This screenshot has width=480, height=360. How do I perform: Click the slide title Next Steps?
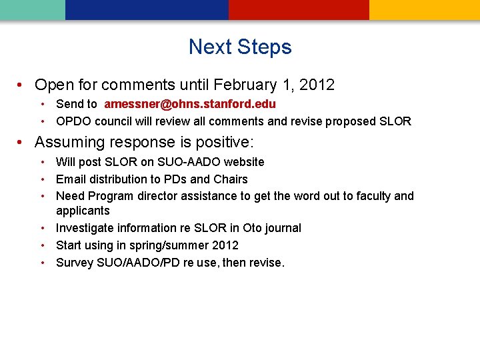240,47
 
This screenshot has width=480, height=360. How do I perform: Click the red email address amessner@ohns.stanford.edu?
190,104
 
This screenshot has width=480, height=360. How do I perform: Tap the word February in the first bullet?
245,85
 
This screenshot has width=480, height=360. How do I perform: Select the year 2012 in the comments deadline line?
317,85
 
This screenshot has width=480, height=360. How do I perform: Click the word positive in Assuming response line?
222,143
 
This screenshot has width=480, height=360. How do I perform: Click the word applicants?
83,211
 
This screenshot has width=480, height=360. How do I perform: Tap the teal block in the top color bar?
32,9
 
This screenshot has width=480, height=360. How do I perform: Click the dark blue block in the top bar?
147,9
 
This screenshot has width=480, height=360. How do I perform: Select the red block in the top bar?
299,9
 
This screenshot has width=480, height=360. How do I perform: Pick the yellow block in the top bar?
425,9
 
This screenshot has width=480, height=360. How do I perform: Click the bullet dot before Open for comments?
22,85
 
